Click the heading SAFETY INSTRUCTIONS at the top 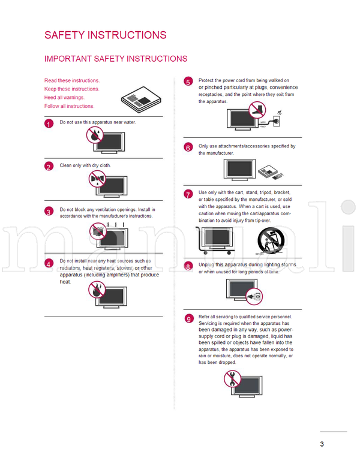point(105,35)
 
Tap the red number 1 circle point(49,123)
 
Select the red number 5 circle point(188,82)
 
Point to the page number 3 point(322,444)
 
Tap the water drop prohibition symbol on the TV point(94,135)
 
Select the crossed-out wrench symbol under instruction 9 point(232,378)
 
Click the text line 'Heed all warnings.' point(64,97)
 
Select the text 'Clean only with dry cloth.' point(85,165)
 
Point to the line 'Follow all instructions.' point(69,106)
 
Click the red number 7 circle point(188,194)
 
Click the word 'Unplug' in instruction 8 point(207,264)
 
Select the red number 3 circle point(49,212)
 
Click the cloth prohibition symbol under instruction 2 point(95,178)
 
